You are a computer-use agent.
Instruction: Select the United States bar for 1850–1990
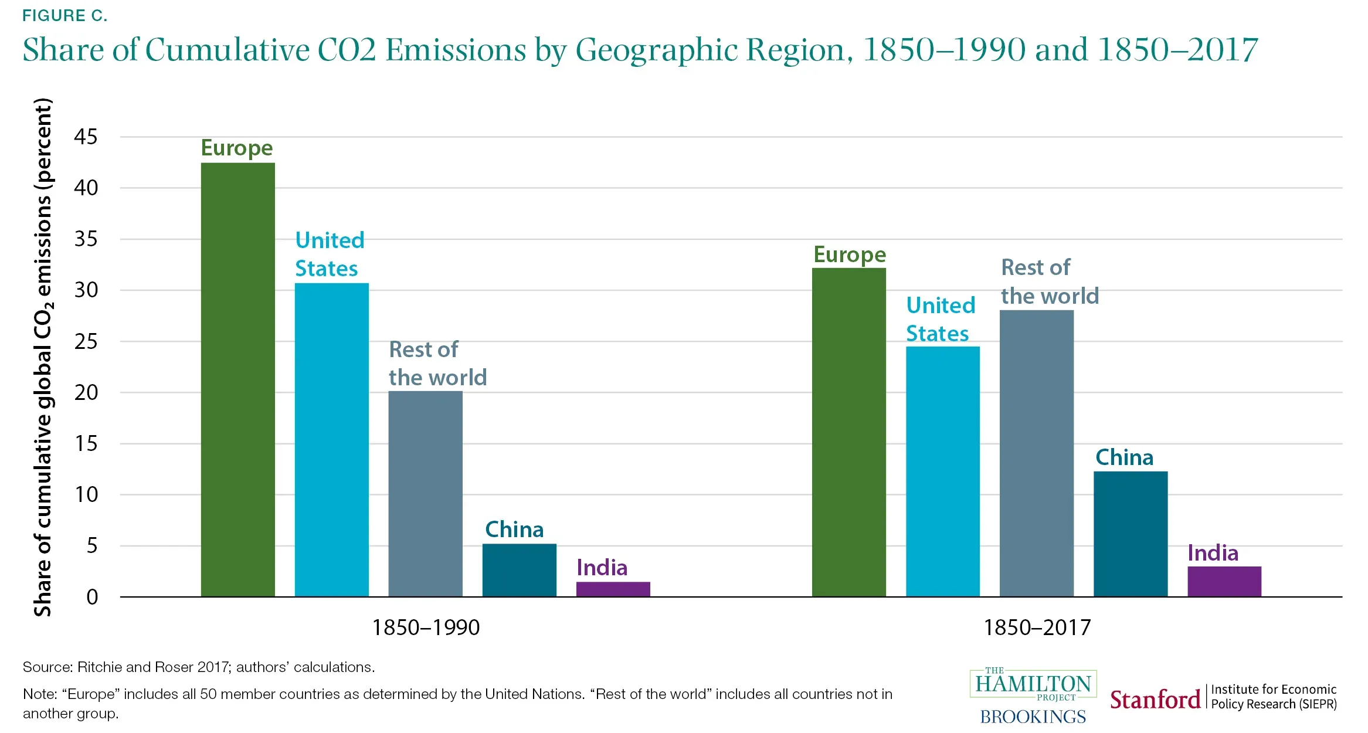click(x=331, y=440)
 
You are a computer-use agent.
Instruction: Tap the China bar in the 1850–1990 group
click(x=519, y=570)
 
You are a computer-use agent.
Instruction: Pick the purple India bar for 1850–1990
click(x=613, y=589)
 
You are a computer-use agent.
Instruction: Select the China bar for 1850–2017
click(x=1130, y=534)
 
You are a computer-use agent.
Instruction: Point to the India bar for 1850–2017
click(x=1224, y=581)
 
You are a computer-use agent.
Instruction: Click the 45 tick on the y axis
click(x=86, y=137)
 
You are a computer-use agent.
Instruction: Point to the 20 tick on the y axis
click(x=86, y=392)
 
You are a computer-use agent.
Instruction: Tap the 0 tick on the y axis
click(x=92, y=597)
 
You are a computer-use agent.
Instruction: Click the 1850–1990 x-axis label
click(x=426, y=627)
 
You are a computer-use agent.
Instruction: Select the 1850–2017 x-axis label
click(x=1037, y=627)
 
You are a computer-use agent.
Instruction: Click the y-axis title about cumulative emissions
click(x=43, y=358)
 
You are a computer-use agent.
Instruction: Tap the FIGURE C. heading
click(x=65, y=16)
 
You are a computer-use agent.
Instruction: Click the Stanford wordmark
click(x=1155, y=700)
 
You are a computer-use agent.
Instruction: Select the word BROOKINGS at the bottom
click(x=1033, y=717)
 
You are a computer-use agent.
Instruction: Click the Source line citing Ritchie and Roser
click(x=198, y=667)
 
